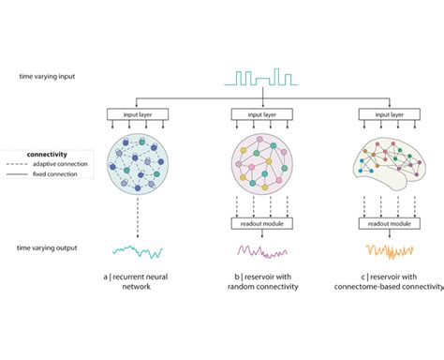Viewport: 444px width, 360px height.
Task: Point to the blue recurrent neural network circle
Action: click(140, 163)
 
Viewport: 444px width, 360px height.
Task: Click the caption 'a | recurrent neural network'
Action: click(140, 283)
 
